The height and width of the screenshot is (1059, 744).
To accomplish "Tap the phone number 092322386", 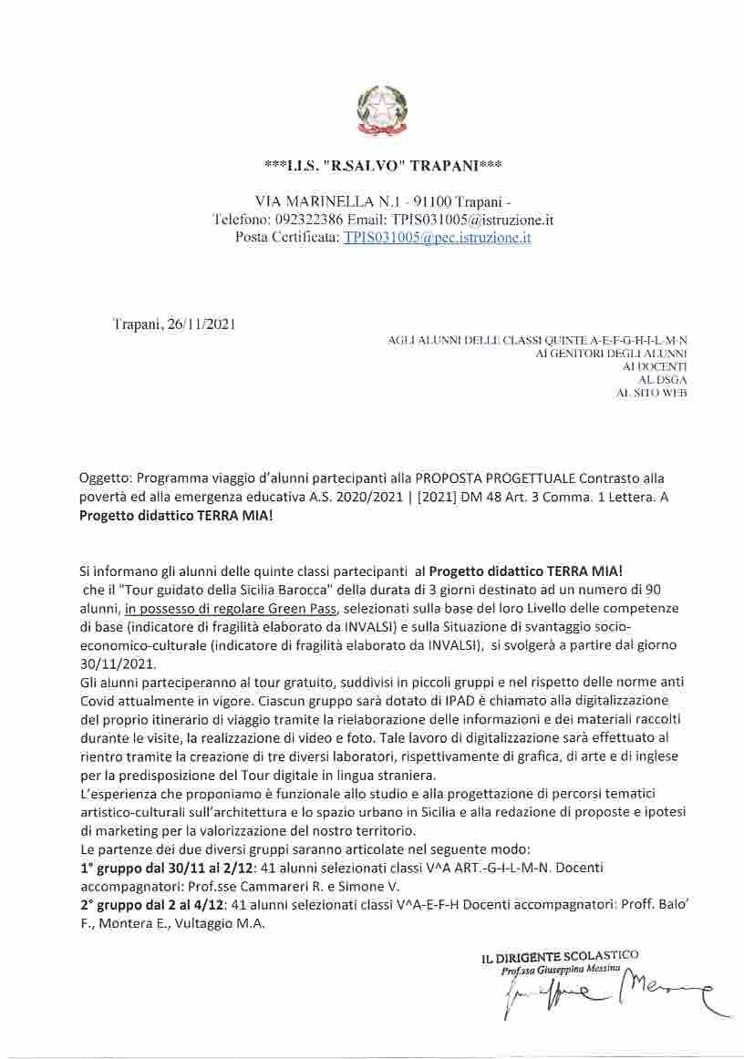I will (x=309, y=220).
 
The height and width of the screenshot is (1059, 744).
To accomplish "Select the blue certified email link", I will (x=437, y=237).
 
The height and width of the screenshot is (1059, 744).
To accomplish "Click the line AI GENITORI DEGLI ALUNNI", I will (x=611, y=353).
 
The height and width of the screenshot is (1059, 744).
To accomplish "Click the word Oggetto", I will (x=105, y=478).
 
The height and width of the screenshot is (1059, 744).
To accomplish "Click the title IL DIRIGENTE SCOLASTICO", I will (x=560, y=956).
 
